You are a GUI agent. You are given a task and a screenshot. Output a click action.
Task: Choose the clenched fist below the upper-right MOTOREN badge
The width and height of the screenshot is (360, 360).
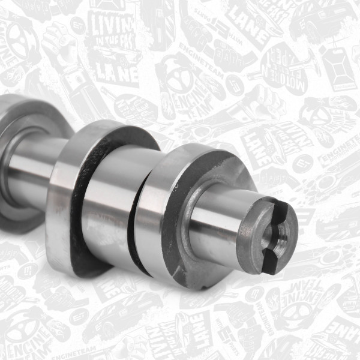(x=312, y=114)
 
